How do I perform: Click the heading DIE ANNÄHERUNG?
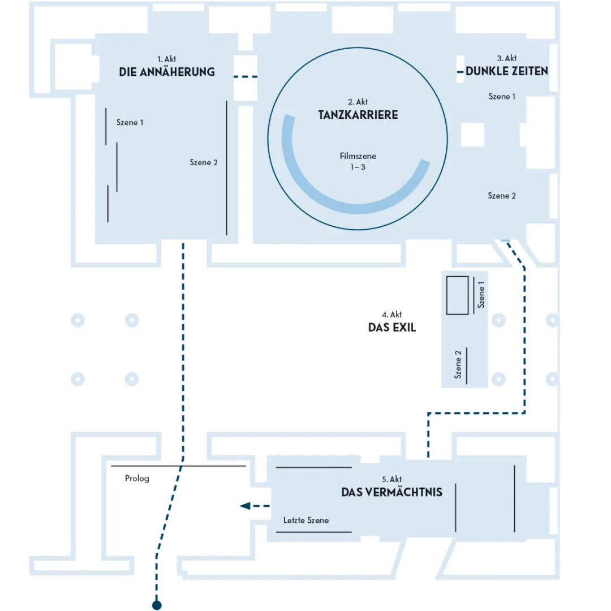pos(166,72)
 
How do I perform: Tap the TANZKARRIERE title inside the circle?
pos(358,115)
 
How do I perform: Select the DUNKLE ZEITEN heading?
pos(507,71)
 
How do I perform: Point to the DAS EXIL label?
pos(392,328)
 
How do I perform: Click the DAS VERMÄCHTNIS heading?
pos(391,492)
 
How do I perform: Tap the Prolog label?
pos(137,479)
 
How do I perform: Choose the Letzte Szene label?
pos(305,520)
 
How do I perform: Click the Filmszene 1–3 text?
pos(358,161)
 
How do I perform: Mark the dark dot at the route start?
pos(157,605)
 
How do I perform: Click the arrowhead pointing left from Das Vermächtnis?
pos(245,506)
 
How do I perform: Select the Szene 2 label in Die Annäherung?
pos(204,162)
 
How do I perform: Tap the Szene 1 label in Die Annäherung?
pos(130,122)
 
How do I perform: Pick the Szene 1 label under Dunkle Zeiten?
pos(502,97)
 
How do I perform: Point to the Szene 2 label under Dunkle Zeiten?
pos(502,196)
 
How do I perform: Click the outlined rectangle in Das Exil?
pos(457,295)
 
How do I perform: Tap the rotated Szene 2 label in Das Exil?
pos(458,364)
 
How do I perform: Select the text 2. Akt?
pos(358,102)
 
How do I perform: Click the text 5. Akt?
pos(391,480)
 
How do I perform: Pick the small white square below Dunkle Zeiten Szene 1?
pos(472,134)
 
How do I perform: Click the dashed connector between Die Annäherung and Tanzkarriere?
pos(246,76)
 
